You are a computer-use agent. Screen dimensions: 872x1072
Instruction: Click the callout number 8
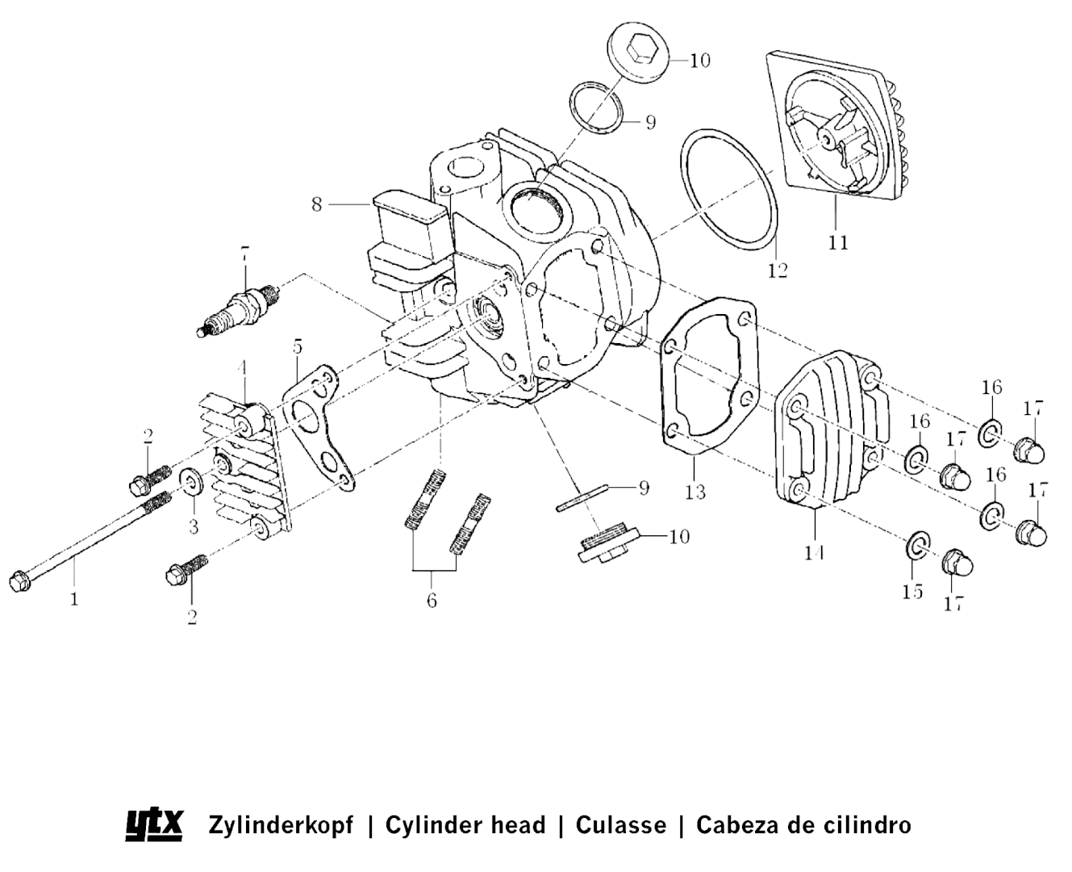[317, 204]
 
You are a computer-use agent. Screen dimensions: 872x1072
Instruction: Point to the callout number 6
[432, 601]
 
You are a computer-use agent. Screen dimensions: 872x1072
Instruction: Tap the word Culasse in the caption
[621, 825]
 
